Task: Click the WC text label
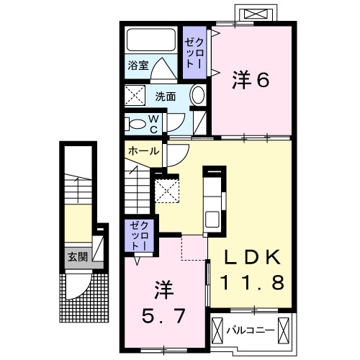153,124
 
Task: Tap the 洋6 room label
250,81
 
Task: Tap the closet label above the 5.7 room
137,235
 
